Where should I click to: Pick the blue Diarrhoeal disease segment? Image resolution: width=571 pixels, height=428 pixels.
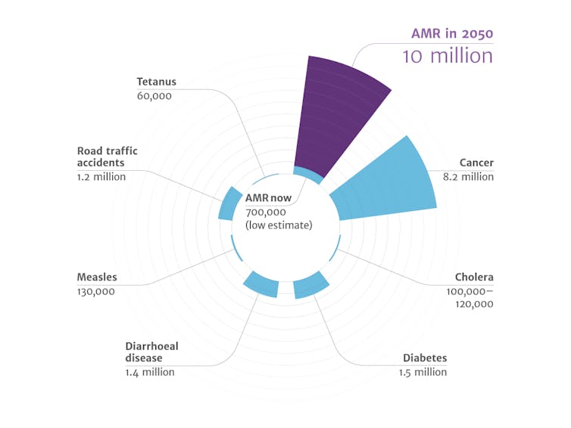click(261, 284)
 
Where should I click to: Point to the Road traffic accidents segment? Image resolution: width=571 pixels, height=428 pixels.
click(226, 206)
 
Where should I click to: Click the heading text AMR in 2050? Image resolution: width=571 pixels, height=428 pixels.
click(452, 33)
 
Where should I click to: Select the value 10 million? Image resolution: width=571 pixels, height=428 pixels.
click(448, 56)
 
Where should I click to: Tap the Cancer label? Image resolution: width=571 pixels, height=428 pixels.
click(476, 163)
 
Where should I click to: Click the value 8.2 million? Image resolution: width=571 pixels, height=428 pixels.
click(468, 177)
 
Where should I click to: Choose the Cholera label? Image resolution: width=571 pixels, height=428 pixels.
click(474, 277)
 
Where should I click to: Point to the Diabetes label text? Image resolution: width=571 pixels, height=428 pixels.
click(425, 358)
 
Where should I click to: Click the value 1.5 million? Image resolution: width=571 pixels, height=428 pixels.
click(423, 372)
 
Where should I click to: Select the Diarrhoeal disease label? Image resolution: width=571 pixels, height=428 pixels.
click(151, 352)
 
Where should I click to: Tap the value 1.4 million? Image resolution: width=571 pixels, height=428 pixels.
click(150, 372)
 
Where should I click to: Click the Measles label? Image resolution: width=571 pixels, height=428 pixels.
click(96, 277)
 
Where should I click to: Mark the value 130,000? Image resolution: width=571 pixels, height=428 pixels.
click(96, 291)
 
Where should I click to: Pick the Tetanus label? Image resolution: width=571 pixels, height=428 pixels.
click(156, 82)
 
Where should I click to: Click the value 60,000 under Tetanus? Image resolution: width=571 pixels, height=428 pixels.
click(154, 96)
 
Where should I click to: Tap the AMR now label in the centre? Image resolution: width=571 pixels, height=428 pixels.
click(267, 197)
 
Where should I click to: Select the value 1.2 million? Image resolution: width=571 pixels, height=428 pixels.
click(101, 177)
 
